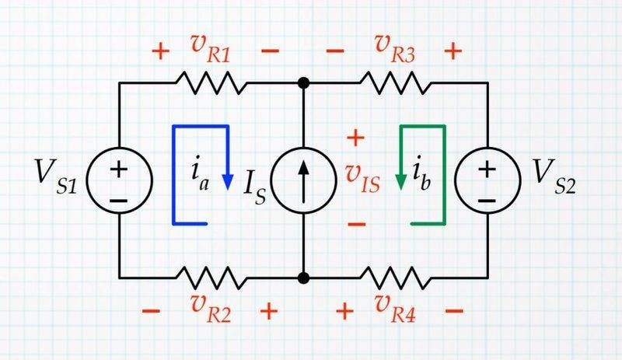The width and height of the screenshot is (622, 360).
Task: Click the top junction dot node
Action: [x=303, y=82]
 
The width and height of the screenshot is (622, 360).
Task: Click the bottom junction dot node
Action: [x=303, y=276]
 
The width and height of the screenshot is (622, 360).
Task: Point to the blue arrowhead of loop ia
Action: [x=227, y=182]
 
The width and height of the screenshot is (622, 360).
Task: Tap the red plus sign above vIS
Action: [x=355, y=139]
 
